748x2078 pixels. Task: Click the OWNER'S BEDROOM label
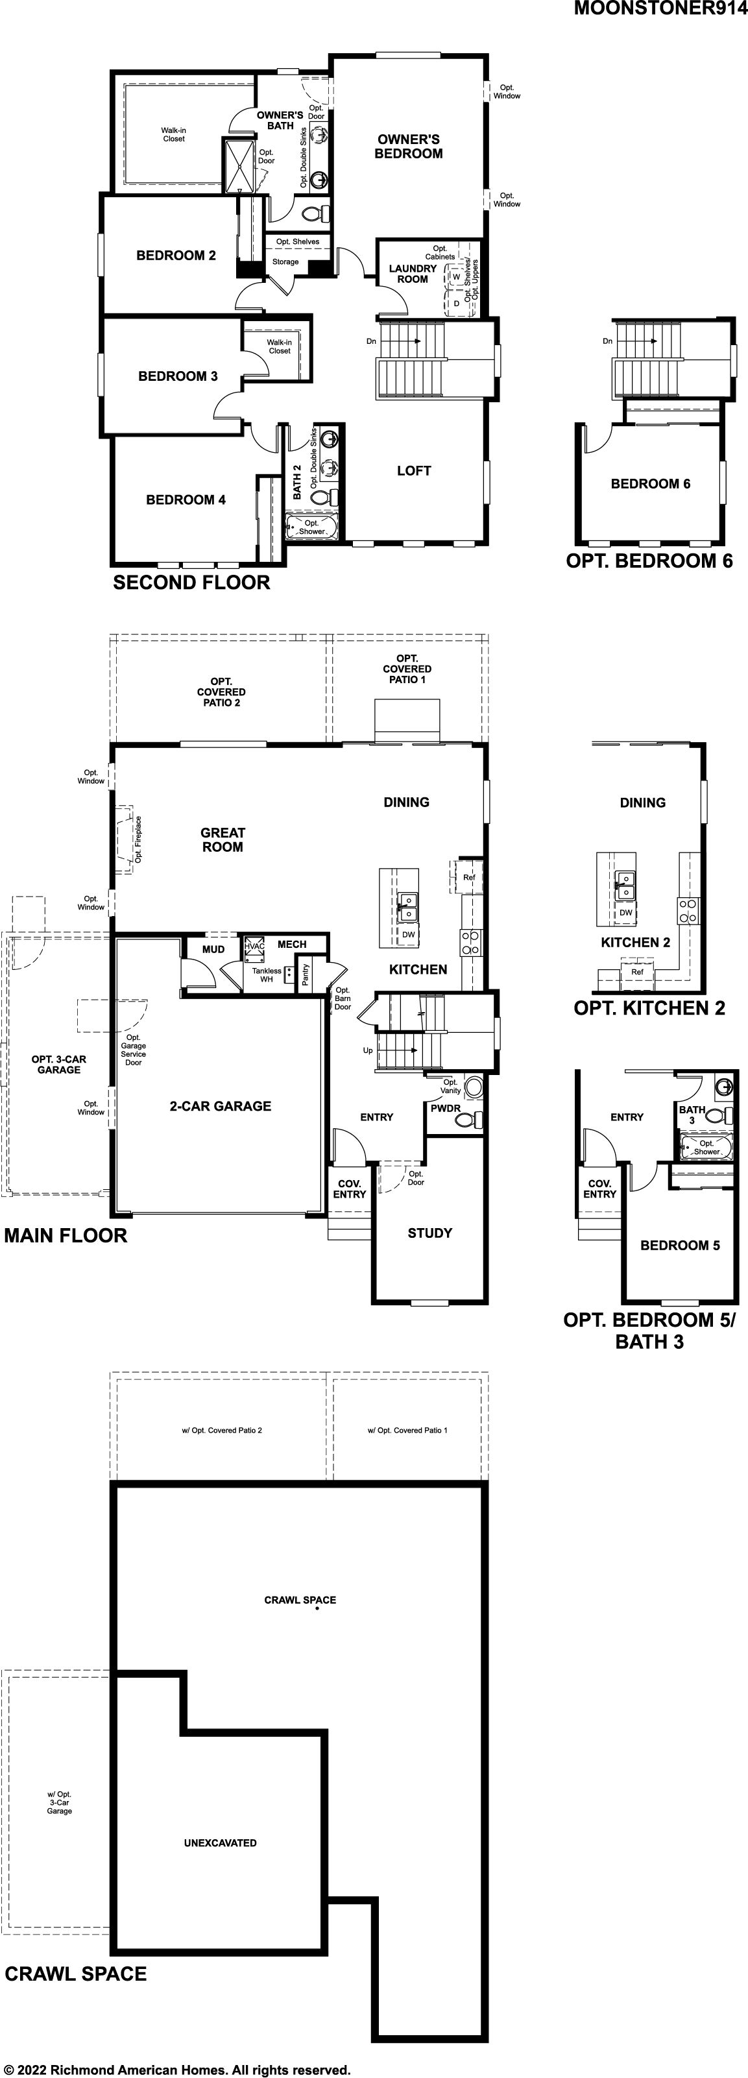tap(408, 147)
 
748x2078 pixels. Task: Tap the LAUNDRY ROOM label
tap(413, 274)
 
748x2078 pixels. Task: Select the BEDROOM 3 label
tap(178, 376)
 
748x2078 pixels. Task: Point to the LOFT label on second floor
tap(414, 471)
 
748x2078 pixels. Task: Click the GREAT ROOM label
tap(223, 840)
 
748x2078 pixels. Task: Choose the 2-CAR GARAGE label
tap(221, 1106)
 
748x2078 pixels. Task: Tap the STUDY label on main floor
tap(429, 1233)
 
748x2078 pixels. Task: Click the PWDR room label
tap(446, 1108)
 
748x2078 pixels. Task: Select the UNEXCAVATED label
tap(221, 1843)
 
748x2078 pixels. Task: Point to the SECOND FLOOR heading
tap(191, 583)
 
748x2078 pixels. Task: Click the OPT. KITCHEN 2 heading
tap(649, 1008)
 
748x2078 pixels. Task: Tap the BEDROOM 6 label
tap(651, 484)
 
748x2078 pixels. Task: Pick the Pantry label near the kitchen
tap(305, 975)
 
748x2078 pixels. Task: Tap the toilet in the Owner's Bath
tap(315, 214)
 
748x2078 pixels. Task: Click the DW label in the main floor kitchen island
tap(408, 935)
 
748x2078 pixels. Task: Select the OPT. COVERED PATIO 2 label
tap(221, 692)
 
